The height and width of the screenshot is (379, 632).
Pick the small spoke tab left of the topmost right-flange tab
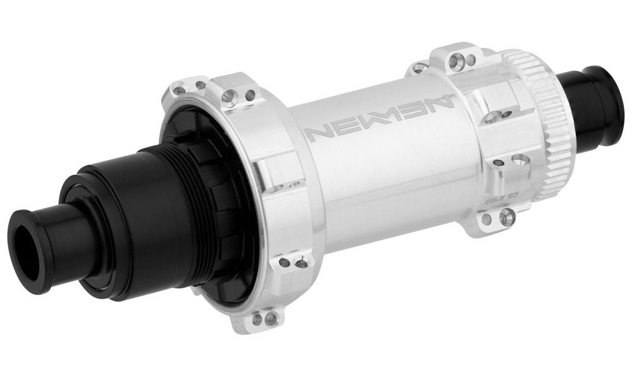coord(418,68)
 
